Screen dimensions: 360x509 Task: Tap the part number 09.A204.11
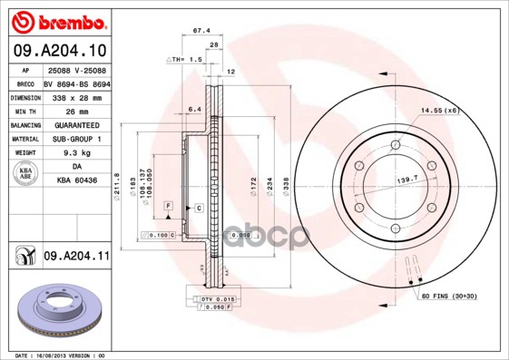click(76, 258)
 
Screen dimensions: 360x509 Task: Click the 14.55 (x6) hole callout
click(439, 110)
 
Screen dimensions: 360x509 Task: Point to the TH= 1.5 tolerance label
click(184, 58)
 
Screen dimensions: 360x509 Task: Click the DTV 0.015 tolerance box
click(211, 297)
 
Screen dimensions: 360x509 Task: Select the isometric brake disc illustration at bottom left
click(60, 313)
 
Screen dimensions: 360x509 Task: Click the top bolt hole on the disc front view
click(395, 146)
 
